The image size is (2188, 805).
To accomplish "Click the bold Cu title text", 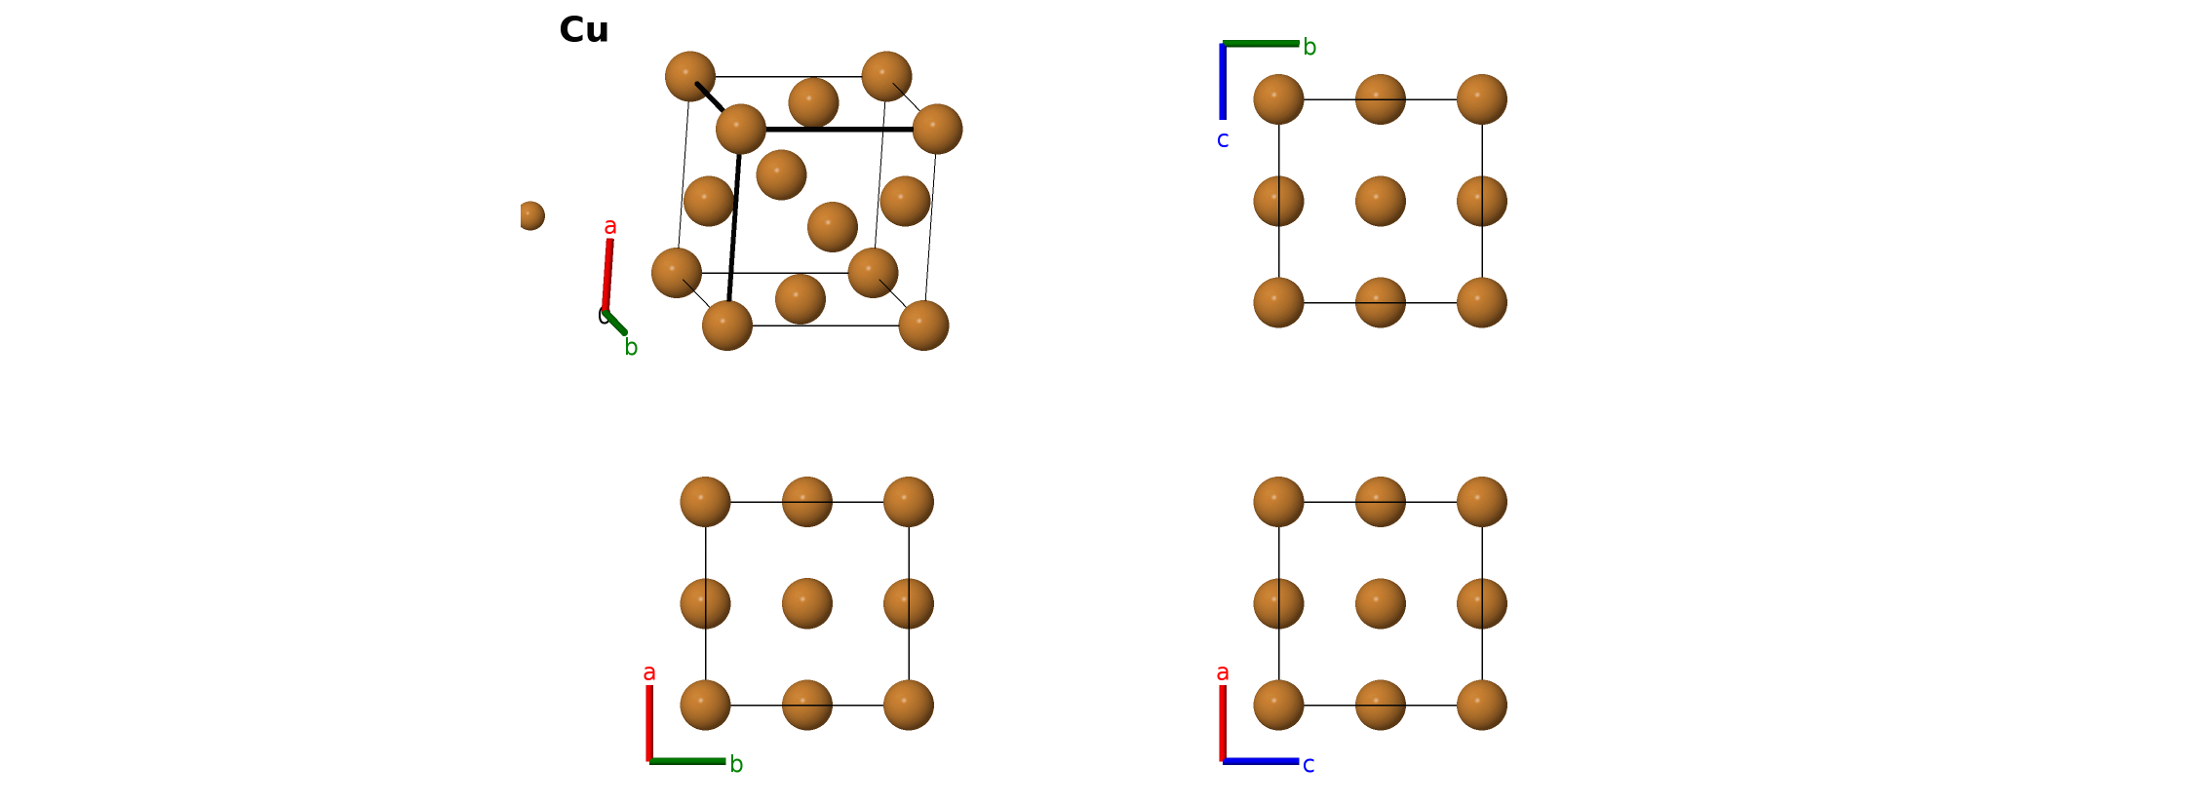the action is pyautogui.click(x=584, y=30).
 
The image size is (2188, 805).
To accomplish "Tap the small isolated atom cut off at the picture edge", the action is pyautogui.click(x=530, y=215).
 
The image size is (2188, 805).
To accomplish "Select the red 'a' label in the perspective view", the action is pyautogui.click(x=610, y=227).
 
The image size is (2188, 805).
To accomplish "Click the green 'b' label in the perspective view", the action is pyautogui.click(x=631, y=347).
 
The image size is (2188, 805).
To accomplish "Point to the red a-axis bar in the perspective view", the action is pyautogui.click(x=607, y=274).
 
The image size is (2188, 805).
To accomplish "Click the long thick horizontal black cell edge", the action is pyautogui.click(x=840, y=129).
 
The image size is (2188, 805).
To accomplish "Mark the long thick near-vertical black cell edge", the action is pyautogui.click(x=733, y=227).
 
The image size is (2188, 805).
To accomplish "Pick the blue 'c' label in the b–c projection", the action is pyautogui.click(x=1223, y=140).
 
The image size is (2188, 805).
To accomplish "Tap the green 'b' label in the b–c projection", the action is pyautogui.click(x=1309, y=47).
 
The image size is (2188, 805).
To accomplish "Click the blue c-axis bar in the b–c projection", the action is pyautogui.click(x=1223, y=81).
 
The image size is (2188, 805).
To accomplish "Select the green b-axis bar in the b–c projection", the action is pyautogui.click(x=1261, y=43).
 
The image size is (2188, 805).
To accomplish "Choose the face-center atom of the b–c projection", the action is pyautogui.click(x=1381, y=201).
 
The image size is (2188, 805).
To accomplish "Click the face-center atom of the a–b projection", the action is pyautogui.click(x=807, y=603).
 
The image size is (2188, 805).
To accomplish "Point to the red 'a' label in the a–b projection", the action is pyautogui.click(x=649, y=673).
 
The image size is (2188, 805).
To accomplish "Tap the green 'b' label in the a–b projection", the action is pyautogui.click(x=736, y=764).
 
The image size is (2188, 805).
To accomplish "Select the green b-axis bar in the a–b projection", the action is pyautogui.click(x=687, y=761).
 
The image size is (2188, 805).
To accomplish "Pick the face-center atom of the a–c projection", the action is pyautogui.click(x=1381, y=603).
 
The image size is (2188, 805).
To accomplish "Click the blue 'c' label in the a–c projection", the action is pyautogui.click(x=1309, y=765).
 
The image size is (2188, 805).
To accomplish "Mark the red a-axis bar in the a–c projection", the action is pyautogui.click(x=1223, y=723).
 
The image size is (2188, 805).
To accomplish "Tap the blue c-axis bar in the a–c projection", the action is pyautogui.click(x=1261, y=761).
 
